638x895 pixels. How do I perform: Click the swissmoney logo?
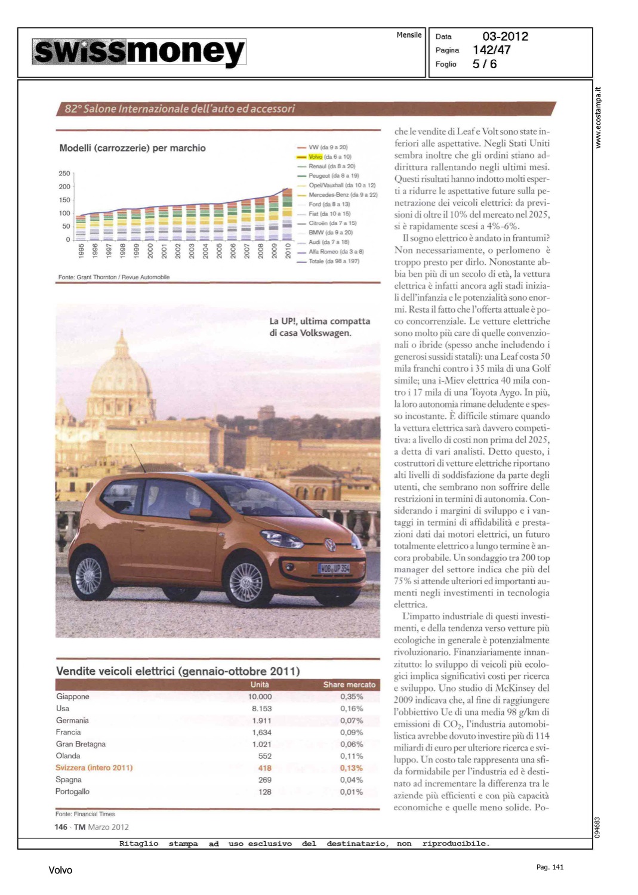pos(139,52)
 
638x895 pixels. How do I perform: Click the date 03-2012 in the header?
pos(505,36)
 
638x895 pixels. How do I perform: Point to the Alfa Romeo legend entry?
pos(335,252)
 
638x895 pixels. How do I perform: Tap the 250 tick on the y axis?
pos(64,174)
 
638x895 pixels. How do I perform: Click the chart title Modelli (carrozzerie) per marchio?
pos(132,148)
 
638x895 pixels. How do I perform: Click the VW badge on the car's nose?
pos(329,545)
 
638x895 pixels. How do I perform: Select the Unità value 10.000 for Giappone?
pos(260,697)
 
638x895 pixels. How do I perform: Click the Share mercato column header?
pos(349,684)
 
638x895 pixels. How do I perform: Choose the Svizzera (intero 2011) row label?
pos(94,768)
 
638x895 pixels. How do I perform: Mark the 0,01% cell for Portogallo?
pos(351,792)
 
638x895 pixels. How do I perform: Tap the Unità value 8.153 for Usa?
pos(261,709)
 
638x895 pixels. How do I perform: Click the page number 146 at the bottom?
pos(61,827)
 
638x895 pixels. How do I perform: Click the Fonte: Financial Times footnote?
pos(85,814)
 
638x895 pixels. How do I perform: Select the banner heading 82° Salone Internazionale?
pos(180,109)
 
